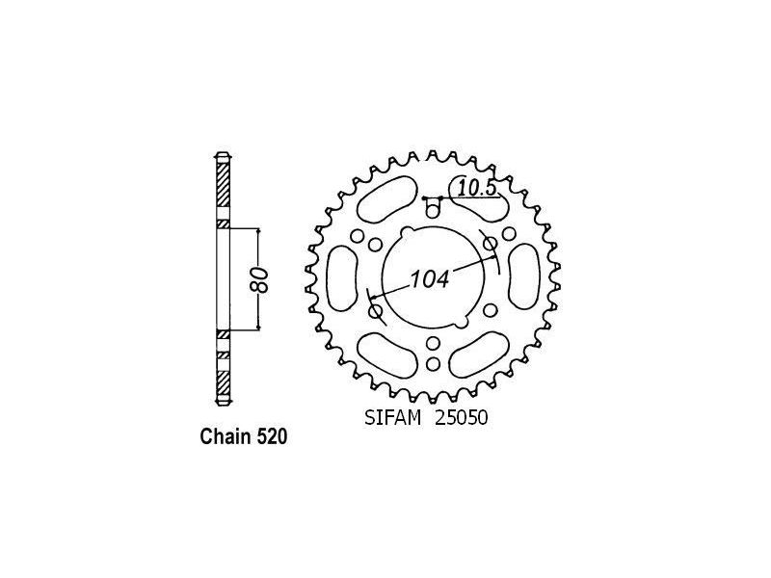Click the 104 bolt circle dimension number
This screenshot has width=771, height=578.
tap(430, 279)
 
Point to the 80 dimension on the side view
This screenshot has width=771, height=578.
tap(262, 280)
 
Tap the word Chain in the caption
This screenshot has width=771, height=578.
tap(226, 436)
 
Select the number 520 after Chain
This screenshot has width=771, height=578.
tap(272, 436)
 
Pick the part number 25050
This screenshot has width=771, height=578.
tap(461, 418)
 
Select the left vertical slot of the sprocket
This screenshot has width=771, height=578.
tap(342, 278)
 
